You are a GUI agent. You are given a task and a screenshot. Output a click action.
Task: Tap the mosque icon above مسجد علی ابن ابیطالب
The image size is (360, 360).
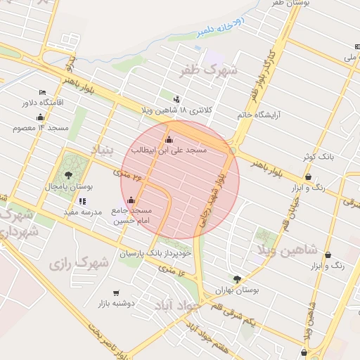[x=167, y=138]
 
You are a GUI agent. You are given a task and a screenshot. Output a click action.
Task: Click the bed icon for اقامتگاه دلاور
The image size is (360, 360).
[x=43, y=92]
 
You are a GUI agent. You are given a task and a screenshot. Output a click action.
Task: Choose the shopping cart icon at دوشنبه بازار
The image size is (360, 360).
[x=116, y=292]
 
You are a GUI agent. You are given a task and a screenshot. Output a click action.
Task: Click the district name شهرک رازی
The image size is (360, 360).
[x=79, y=264]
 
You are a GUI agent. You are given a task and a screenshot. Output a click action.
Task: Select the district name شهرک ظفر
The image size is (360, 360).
[x=210, y=70]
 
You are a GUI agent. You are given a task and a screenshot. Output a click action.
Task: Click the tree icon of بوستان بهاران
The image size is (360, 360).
[x=237, y=278]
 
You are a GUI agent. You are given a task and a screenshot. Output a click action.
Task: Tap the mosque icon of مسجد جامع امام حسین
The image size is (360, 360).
[x=131, y=200]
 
